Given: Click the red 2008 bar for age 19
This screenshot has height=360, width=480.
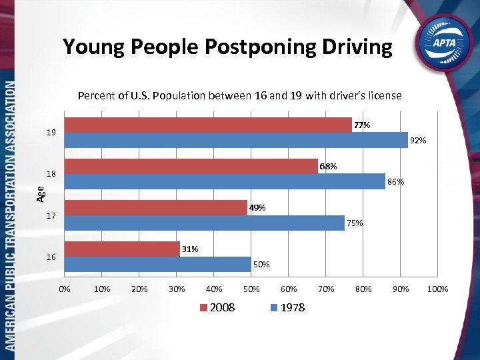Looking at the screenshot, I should pos(208,125).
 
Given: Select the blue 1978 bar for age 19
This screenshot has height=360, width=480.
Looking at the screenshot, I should pos(236,140).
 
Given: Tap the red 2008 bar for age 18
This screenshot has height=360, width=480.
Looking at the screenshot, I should pos(191,166).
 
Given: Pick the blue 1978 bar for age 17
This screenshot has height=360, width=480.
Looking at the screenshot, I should pos(204,223).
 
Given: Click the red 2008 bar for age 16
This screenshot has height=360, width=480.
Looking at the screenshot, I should pos(122,249).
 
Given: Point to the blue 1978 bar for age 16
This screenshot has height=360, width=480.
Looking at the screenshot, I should pos(157,264).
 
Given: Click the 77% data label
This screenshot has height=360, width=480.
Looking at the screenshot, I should pos(362,125).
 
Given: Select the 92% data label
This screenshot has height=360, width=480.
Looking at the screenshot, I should pos(418,141).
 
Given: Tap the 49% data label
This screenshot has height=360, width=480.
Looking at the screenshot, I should pos(257,208).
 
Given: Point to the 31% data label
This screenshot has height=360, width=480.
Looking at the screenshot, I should pos(190,249).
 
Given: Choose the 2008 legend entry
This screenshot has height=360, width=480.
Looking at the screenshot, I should pos(217,307).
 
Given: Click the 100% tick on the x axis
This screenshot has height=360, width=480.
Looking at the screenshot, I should pos(437,289).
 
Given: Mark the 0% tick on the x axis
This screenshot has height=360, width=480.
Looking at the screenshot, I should pos(64,289).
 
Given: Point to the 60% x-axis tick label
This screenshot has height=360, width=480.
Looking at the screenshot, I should pos(288,289).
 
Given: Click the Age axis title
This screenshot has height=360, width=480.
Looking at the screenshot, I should pos(41,194).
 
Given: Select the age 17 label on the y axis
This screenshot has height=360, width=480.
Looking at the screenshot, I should pos(51,216).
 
